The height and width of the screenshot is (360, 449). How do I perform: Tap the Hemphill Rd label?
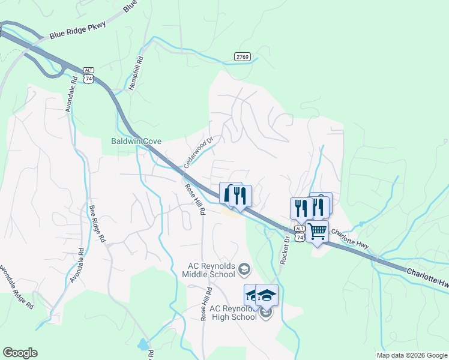pos(136,73)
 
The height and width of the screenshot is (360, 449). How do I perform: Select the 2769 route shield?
pos(243,56)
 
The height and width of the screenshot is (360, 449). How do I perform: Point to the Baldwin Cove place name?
pos(136,142)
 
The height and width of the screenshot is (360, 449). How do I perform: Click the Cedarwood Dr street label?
pos(199,153)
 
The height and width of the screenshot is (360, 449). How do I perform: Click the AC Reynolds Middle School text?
pos(209,271)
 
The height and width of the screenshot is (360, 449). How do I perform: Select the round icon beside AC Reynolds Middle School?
pos(244,270)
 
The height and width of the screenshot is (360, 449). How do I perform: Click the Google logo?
pos(20,353)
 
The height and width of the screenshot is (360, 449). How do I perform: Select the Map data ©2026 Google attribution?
pos(412,355)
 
